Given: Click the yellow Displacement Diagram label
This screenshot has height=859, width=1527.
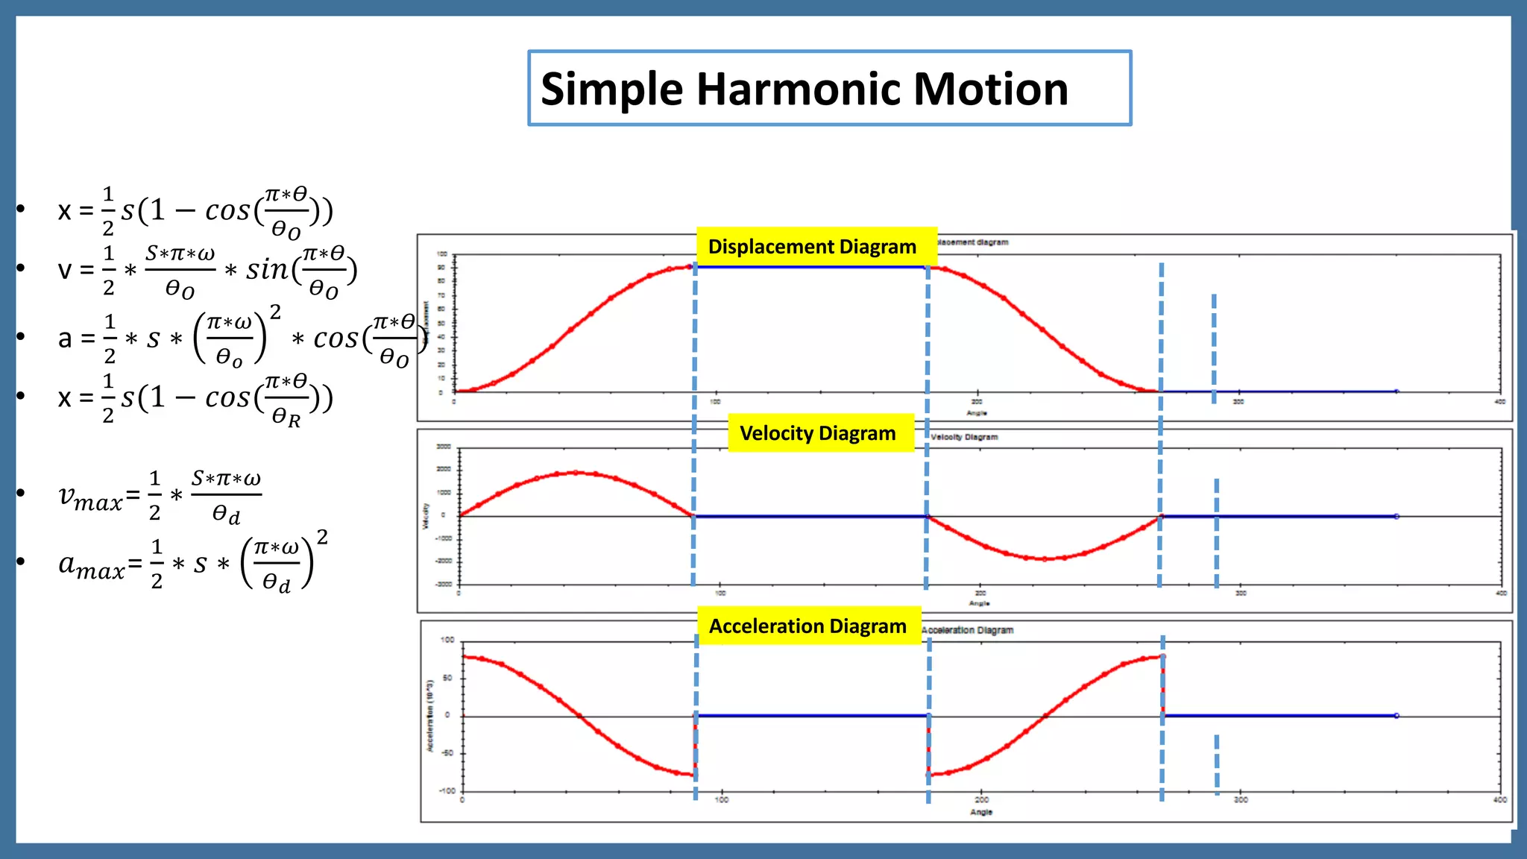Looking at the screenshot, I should coord(812,247).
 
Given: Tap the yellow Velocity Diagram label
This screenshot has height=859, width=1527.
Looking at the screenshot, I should coord(817,433).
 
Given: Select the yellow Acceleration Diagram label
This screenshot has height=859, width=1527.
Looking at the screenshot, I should coord(807,626).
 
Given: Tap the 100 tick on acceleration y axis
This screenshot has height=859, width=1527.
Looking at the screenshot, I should coord(447,640).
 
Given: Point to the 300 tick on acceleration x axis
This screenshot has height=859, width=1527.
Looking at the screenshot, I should coord(1241,800).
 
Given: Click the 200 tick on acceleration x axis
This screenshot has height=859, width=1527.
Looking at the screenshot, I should coord(982,800).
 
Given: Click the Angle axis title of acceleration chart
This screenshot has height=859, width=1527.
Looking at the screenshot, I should coord(981,812).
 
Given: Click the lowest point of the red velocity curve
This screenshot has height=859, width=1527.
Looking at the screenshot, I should coord(1044,558).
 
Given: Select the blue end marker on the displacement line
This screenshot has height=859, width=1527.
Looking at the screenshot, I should coord(1397,391).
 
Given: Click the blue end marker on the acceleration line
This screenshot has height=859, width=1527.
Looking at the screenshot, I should coord(1397,716).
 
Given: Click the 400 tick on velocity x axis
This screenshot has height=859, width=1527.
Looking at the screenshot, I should coord(1501,594).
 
